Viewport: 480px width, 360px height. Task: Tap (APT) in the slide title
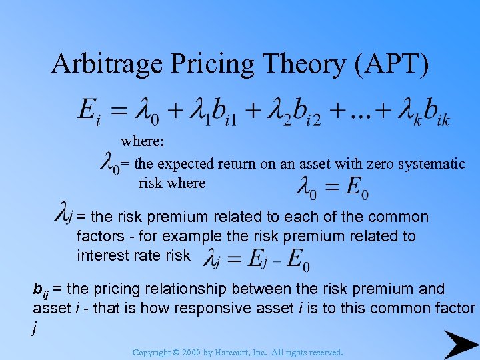[388, 63]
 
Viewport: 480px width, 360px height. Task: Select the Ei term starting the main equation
[89, 111]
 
